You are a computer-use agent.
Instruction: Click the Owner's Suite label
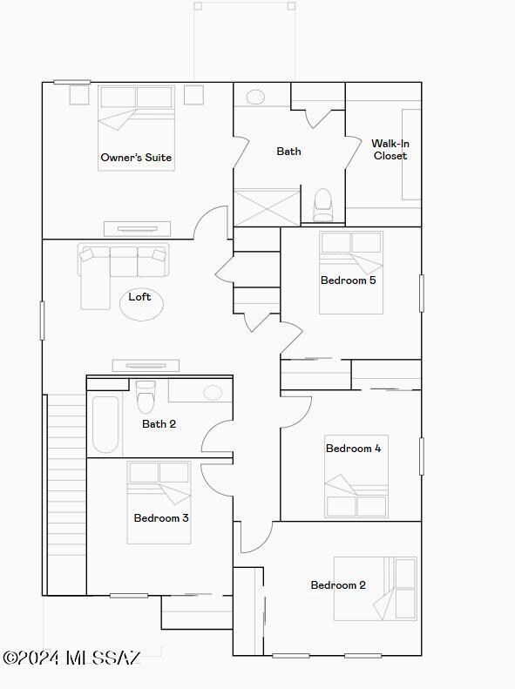click(x=136, y=158)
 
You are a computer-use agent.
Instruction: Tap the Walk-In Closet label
click(x=390, y=150)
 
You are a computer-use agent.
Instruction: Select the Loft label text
click(x=139, y=297)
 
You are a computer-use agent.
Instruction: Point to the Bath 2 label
click(x=159, y=424)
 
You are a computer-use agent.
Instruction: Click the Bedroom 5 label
click(x=348, y=280)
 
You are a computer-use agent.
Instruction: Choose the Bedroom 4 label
click(x=353, y=449)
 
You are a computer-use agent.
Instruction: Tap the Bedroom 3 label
click(x=161, y=518)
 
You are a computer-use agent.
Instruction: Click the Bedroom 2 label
click(x=338, y=585)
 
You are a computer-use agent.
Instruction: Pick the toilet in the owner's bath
click(x=323, y=206)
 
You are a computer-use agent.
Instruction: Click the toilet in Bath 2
click(x=146, y=398)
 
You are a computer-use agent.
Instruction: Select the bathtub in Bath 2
click(x=105, y=424)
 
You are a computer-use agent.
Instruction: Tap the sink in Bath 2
click(x=213, y=392)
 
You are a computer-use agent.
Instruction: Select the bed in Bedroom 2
click(x=375, y=589)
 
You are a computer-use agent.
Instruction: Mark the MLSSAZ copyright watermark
click(x=71, y=659)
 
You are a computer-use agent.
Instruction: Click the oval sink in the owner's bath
click(x=255, y=97)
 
